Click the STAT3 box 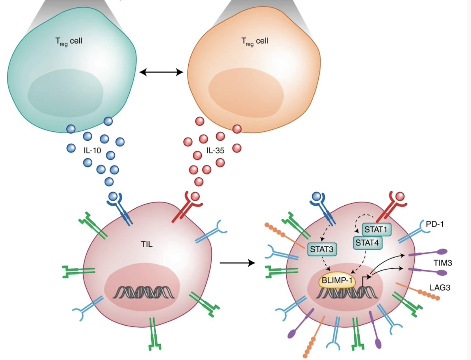coord(321,249)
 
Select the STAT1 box coord(376,230)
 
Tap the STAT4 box coord(367,243)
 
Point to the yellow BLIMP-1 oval coord(337,280)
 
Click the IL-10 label coord(92,151)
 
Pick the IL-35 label coord(215,151)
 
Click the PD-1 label coord(435,224)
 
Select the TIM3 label coord(442,263)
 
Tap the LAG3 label coord(440,288)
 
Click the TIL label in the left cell coord(147,244)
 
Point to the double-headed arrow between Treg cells coord(161,72)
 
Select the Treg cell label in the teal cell coord(69,41)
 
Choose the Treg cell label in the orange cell coord(255,41)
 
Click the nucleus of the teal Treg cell coord(65,93)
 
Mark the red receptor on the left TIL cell coord(187,207)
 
